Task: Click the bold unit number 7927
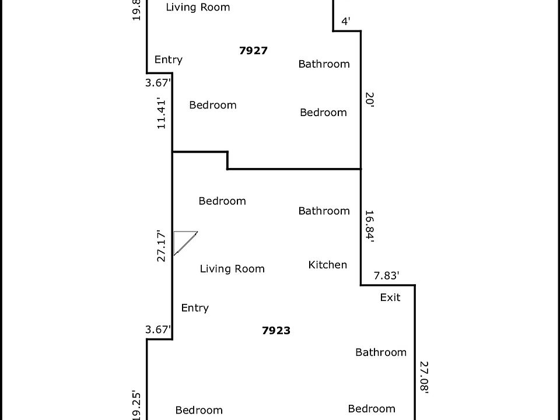253,51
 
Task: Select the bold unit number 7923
276,331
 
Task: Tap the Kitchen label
327,265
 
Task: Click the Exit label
390,297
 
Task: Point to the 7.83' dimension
386,276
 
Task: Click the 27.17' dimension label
162,246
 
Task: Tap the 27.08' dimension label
424,378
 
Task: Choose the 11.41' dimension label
162,114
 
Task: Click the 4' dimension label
346,22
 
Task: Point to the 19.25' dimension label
136,405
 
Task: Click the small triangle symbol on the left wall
183,241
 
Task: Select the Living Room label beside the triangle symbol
232,269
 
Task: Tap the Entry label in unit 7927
168,60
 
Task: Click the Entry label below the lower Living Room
195,308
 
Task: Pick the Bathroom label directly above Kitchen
324,211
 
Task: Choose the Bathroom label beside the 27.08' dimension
380,352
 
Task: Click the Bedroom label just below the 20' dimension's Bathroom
323,113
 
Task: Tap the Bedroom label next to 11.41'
212,106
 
